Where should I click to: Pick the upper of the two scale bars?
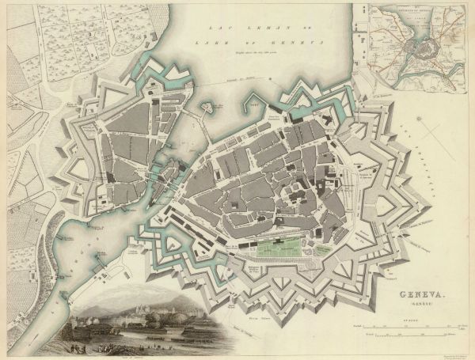(x=412, y=327)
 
